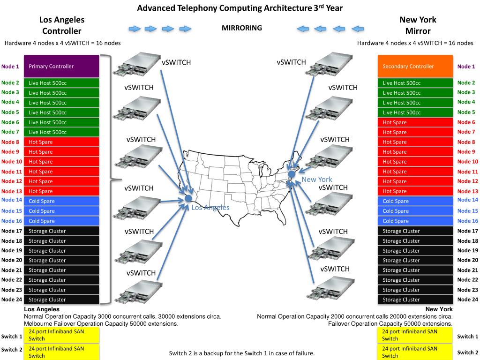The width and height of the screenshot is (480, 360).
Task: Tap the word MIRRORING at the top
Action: [x=242, y=28]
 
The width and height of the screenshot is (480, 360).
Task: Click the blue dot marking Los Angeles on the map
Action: [x=188, y=198]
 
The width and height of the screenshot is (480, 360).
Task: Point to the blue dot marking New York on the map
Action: [x=291, y=174]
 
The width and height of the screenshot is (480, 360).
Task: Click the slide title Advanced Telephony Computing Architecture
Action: [x=240, y=8]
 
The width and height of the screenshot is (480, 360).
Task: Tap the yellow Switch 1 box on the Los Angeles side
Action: [x=61, y=335]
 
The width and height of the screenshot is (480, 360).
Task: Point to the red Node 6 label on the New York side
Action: [x=466, y=122]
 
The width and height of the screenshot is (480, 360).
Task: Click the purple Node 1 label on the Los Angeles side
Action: [x=10, y=67]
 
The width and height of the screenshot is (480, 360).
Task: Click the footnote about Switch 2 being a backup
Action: [x=241, y=353]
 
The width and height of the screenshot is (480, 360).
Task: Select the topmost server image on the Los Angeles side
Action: [x=135, y=63]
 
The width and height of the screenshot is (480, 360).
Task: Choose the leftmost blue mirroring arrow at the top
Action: [x=135, y=29]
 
